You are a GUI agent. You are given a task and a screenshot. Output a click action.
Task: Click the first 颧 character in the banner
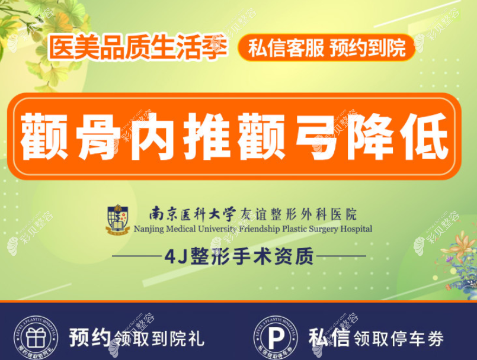[x=46, y=137]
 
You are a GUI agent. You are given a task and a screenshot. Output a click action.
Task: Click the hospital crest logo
[x=118, y=219]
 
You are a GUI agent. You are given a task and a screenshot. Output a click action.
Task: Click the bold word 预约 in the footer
[x=90, y=338]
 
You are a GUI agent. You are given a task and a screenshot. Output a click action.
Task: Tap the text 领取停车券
[x=398, y=339]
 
